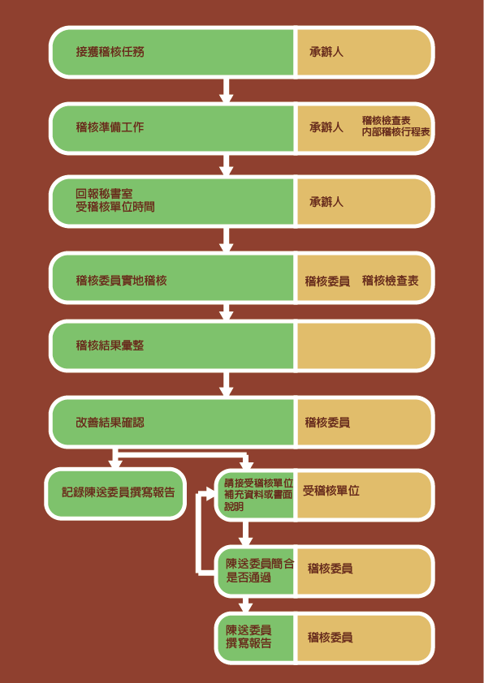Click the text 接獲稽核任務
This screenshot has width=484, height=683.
[x=110, y=52]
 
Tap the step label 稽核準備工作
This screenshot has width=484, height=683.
[x=110, y=127]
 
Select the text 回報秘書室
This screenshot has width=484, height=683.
[x=104, y=194]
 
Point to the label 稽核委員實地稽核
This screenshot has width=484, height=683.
[x=121, y=281]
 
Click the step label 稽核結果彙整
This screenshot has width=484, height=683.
[x=110, y=346]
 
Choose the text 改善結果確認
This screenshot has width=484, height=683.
[x=110, y=423]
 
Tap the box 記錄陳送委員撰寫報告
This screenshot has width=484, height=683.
[x=115, y=493]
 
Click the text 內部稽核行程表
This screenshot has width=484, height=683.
[x=396, y=132]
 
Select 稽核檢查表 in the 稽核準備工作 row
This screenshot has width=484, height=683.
[x=386, y=121]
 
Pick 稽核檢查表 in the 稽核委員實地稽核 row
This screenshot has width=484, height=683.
[x=391, y=281]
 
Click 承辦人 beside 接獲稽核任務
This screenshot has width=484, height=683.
[x=326, y=52]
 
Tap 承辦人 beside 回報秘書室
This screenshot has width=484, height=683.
[x=326, y=202]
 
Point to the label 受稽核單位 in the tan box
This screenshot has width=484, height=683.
[x=331, y=491]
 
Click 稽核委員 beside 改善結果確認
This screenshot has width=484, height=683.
[x=327, y=423]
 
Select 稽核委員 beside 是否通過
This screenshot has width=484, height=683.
[x=330, y=569]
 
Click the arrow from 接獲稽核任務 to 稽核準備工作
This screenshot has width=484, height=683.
[x=226, y=91]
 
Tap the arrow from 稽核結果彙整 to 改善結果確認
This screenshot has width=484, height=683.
[x=226, y=384]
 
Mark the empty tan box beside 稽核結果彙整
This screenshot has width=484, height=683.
[x=365, y=346]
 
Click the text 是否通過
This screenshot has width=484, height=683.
[x=248, y=578]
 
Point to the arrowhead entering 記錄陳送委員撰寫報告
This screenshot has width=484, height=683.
[x=115, y=463]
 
